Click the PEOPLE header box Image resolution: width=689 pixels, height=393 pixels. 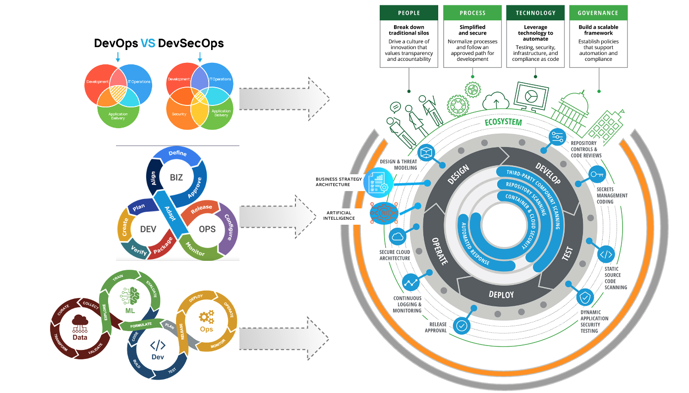[409, 13]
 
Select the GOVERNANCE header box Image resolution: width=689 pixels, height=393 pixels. [598, 13]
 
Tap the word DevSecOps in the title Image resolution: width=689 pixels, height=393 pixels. [191, 44]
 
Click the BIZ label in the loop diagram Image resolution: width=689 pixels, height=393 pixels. [176, 177]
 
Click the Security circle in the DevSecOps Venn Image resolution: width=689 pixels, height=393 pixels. [179, 114]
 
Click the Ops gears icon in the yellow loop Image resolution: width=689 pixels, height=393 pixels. [206, 317]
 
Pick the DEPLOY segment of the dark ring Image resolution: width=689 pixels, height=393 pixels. [501, 295]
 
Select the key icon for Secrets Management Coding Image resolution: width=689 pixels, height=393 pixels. [596, 174]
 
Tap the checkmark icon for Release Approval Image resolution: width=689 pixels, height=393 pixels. [462, 325]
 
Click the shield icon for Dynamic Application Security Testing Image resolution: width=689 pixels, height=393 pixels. [586, 297]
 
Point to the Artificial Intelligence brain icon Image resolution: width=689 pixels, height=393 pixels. [381, 213]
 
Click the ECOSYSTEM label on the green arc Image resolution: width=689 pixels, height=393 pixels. [503, 122]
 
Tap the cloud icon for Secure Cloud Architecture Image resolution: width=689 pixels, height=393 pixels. [398, 237]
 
